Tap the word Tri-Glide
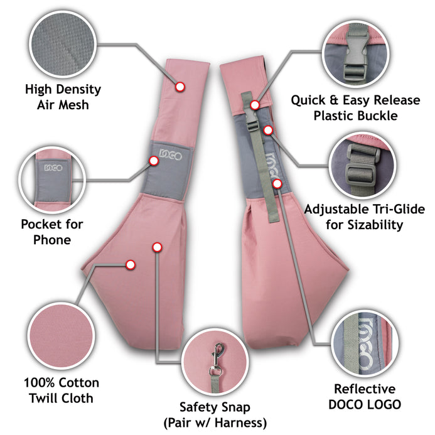pos(399,209)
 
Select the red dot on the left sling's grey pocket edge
pos(154,161)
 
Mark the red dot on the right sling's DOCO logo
pos(277,183)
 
